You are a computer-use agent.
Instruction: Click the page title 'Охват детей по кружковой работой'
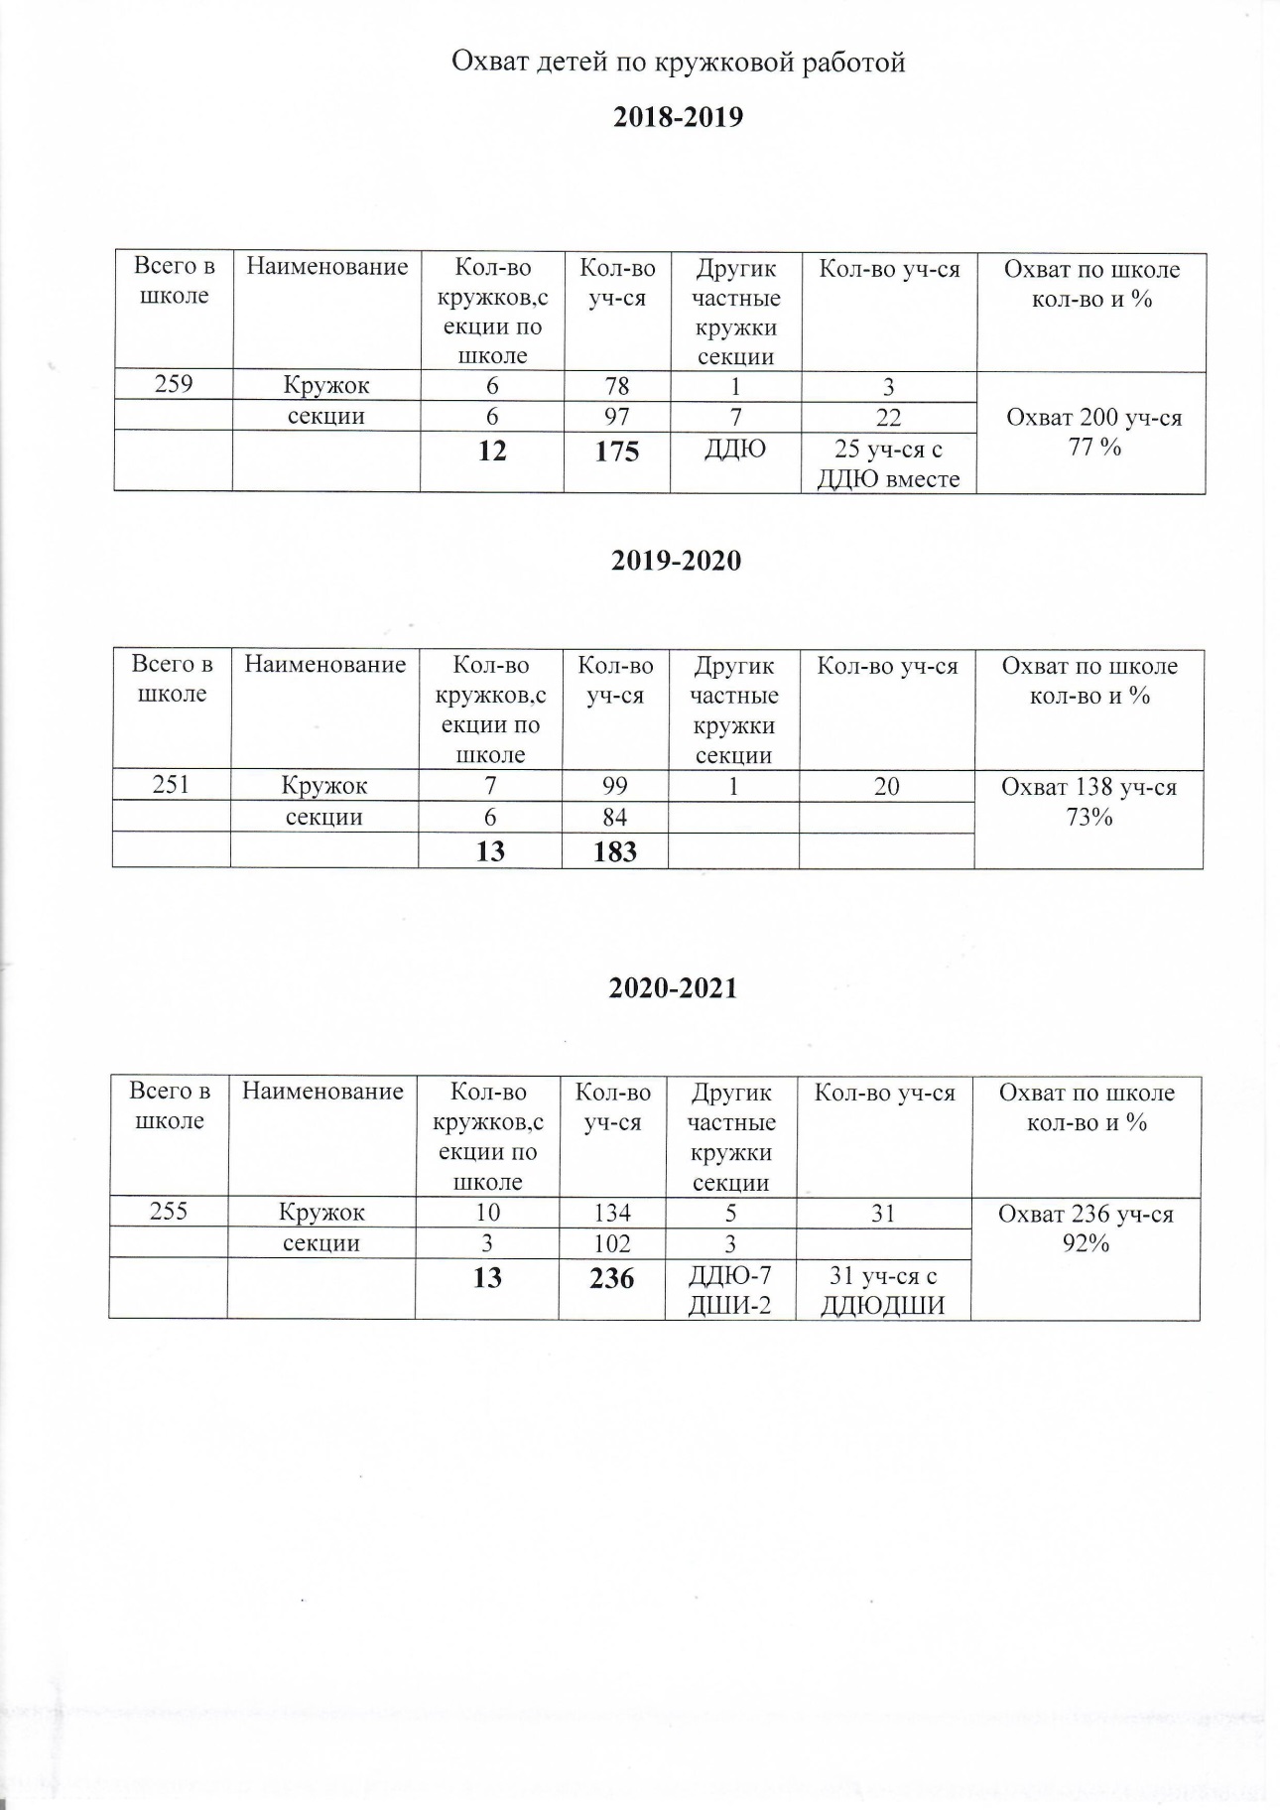pyautogui.click(x=679, y=63)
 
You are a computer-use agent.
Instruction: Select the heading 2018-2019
pyautogui.click(x=679, y=117)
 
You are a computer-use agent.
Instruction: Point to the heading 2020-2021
pyautogui.click(x=674, y=988)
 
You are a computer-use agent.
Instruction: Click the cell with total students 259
pyautogui.click(x=174, y=384)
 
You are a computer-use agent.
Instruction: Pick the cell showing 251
pyautogui.click(x=171, y=786)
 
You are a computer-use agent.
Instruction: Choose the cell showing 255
pyautogui.click(x=169, y=1212)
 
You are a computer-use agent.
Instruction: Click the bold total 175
pyautogui.click(x=616, y=452)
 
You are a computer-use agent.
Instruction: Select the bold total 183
pyautogui.click(x=614, y=851)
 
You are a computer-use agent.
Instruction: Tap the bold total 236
pyautogui.click(x=611, y=1278)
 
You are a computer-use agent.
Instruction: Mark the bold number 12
pyautogui.click(x=492, y=452)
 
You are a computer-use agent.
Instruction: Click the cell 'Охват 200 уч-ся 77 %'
pyautogui.click(x=1093, y=432)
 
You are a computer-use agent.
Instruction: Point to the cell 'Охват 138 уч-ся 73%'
pyautogui.click(x=1088, y=802)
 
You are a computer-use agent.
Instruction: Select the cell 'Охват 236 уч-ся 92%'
pyautogui.click(x=1086, y=1228)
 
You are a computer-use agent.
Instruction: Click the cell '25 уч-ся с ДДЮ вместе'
pyautogui.click(x=888, y=463)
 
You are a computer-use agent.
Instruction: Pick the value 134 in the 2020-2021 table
pyautogui.click(x=611, y=1212)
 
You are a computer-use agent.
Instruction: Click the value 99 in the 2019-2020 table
pyautogui.click(x=614, y=786)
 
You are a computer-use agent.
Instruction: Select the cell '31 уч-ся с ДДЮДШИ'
pyautogui.click(x=882, y=1290)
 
